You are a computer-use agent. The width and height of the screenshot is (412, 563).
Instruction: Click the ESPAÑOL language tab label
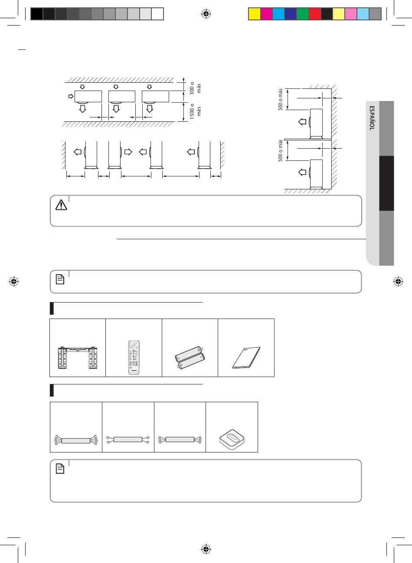(x=372, y=118)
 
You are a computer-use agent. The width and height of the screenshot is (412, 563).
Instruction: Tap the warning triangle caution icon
(x=61, y=205)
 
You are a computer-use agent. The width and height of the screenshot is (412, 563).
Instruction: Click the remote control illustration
(x=134, y=358)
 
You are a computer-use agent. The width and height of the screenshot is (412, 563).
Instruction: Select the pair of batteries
(x=190, y=358)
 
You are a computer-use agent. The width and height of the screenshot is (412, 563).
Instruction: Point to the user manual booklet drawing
(x=246, y=358)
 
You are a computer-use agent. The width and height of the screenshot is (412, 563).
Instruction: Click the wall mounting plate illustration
(x=78, y=358)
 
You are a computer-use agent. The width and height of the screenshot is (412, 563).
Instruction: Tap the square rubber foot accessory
(x=232, y=439)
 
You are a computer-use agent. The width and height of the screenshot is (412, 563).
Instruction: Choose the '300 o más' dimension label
(x=195, y=88)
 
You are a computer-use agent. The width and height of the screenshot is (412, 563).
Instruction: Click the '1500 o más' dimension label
(x=195, y=111)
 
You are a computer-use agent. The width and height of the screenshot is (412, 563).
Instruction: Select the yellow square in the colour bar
(x=254, y=14)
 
